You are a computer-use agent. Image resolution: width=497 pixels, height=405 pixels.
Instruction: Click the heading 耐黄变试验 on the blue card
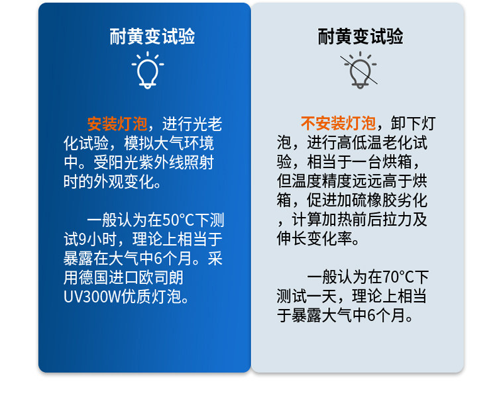tap(152, 36)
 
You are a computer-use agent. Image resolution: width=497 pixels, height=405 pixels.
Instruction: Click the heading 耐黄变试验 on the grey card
tap(360, 36)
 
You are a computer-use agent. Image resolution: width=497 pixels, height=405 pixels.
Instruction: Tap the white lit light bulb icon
tap(148, 70)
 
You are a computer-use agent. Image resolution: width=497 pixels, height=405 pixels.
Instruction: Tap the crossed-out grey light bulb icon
tap(360, 70)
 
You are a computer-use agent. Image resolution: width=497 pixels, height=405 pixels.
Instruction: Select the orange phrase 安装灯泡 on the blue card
tap(117, 124)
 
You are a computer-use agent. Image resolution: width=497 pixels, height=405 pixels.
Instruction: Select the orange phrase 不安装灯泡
tap(338, 123)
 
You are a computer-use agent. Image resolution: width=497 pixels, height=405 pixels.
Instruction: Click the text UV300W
tap(93, 296)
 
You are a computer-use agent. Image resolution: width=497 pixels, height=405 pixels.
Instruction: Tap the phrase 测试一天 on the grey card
tap(307, 296)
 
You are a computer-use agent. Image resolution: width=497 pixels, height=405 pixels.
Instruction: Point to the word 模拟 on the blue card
tap(138, 143)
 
